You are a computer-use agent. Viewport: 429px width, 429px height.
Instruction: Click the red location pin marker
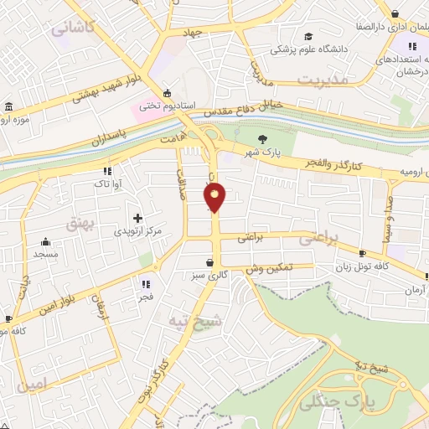215,197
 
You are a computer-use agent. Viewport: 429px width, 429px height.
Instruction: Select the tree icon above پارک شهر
264,138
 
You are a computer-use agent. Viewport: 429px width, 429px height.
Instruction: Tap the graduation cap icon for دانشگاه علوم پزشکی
308,36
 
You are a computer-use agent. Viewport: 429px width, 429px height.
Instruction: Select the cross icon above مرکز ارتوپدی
137,217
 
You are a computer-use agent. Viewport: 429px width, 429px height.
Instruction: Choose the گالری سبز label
208,275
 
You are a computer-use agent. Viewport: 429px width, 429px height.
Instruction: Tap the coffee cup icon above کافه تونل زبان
361,253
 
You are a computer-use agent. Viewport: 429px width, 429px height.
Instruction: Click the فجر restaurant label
145,297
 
